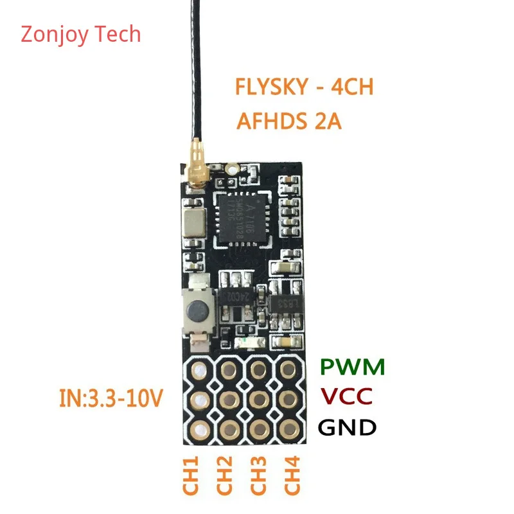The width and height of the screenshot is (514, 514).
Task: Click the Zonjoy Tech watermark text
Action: (x=81, y=33)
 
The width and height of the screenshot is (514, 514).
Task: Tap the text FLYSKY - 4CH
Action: (x=304, y=87)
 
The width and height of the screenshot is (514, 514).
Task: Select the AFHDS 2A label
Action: (x=288, y=121)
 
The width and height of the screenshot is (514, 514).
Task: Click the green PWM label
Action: (x=353, y=368)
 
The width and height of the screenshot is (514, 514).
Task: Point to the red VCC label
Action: (x=346, y=396)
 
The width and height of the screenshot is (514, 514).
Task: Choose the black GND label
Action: (x=348, y=427)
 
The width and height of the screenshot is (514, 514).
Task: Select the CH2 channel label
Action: (x=225, y=476)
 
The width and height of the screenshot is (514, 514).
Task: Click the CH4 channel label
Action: (x=292, y=476)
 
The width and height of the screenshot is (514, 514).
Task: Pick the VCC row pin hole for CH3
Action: (x=258, y=400)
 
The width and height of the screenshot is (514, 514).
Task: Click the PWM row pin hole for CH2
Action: (x=228, y=370)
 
